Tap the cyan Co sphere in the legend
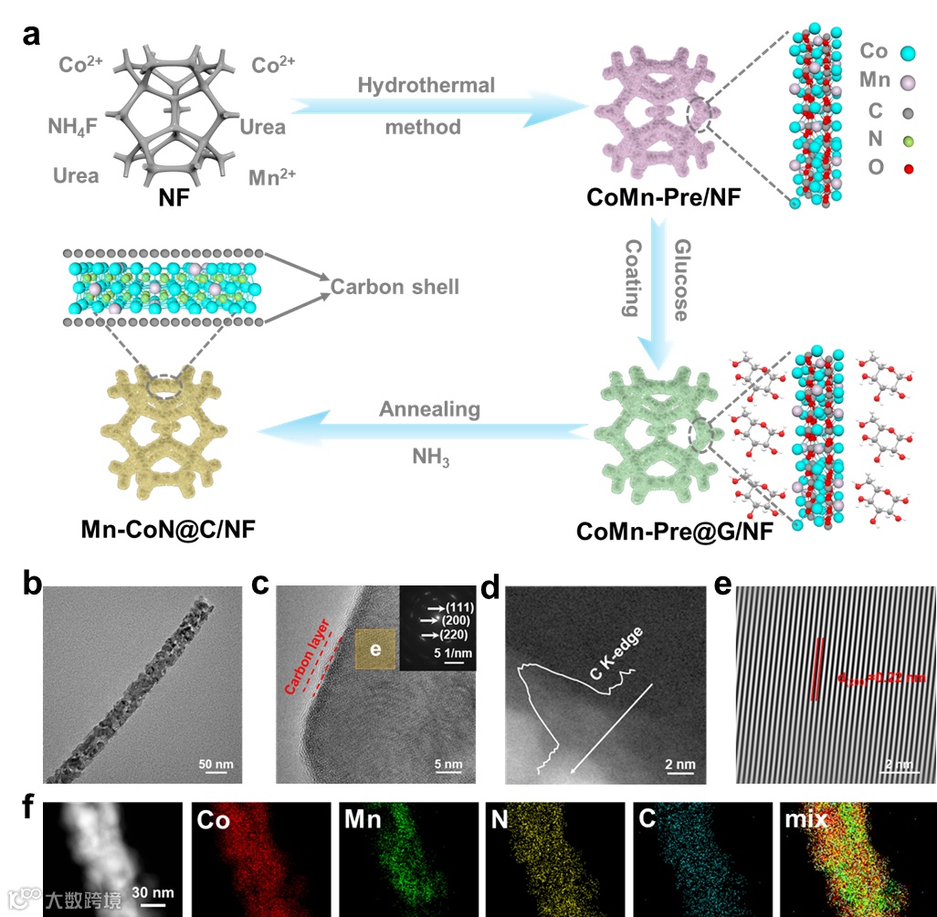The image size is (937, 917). click(908, 54)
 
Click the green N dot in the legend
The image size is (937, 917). click(907, 141)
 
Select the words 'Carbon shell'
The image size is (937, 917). click(395, 287)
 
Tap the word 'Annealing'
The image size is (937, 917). click(429, 409)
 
